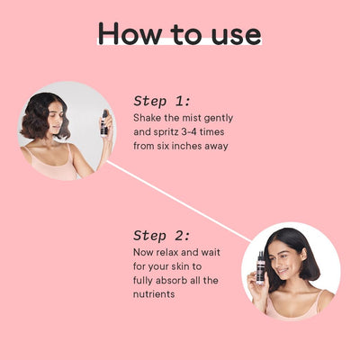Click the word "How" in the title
pyautogui.click(x=130, y=33)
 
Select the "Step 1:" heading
pyautogui.click(x=162, y=101)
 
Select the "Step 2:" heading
pyautogui.click(x=162, y=236)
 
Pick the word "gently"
pyautogui.click(x=219, y=119)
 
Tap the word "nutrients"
pyautogui.click(x=154, y=294)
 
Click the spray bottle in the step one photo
pyautogui.click(x=104, y=123)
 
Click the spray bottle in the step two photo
pyautogui.click(x=260, y=268)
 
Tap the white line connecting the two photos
pyautogui.click(x=179, y=201)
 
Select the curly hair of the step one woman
pyautogui.click(x=42, y=115)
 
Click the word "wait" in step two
pyautogui.click(x=211, y=252)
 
